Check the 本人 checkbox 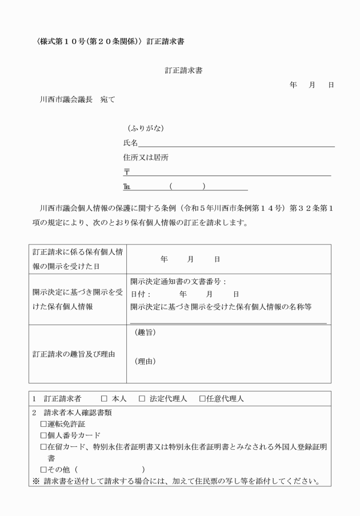click(x=104, y=398)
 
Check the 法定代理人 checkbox click(x=142, y=398)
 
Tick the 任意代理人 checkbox click(x=202, y=398)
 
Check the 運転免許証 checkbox click(x=43, y=424)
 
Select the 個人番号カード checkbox click(x=43, y=435)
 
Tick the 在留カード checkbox click(x=43, y=447)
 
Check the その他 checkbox click(x=43, y=470)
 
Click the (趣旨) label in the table click(x=145, y=333)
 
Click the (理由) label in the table click(x=145, y=361)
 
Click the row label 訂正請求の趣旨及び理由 click(x=73, y=354)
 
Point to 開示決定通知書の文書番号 click(x=177, y=281)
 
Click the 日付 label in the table click(x=139, y=294)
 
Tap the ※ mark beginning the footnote click(x=35, y=480)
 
